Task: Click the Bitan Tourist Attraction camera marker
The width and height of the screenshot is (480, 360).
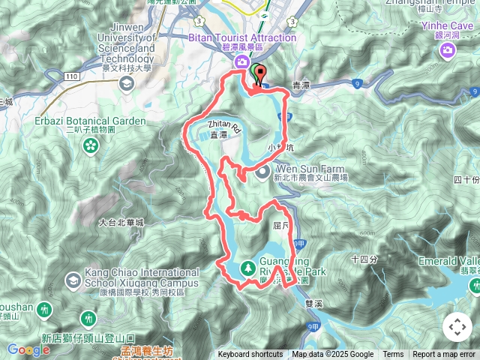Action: coord(241,62)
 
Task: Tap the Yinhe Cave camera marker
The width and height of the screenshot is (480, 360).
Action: coord(448,50)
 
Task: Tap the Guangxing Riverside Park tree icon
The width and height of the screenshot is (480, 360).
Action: coord(247,268)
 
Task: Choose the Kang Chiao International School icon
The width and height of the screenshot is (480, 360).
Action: coord(73,282)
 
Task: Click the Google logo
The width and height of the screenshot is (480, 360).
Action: coord(28,349)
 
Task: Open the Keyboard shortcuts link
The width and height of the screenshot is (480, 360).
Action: coord(250,355)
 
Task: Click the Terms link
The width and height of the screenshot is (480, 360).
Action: coord(393,355)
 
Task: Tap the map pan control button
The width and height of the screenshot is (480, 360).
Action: coord(457,327)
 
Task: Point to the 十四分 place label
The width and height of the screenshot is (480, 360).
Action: coord(364,259)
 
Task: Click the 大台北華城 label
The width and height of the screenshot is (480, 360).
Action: coord(120,223)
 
